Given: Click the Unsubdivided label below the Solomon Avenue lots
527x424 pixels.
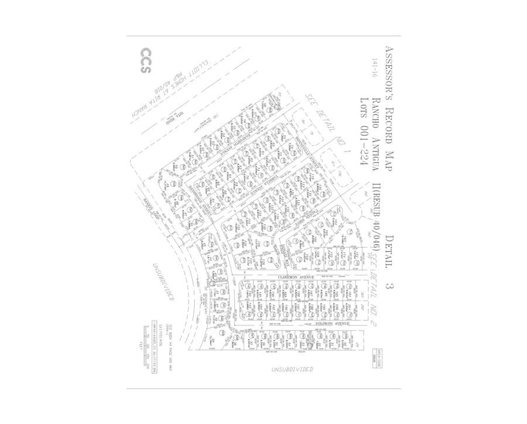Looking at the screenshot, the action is [x=292, y=370].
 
